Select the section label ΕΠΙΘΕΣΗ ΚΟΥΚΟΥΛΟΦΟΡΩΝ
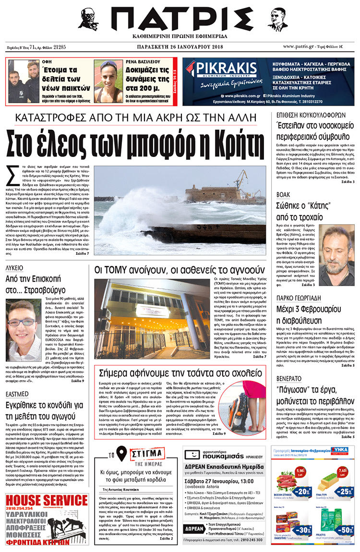coord(311,115)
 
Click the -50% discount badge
coord(344,529)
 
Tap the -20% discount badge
coord(302,492)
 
